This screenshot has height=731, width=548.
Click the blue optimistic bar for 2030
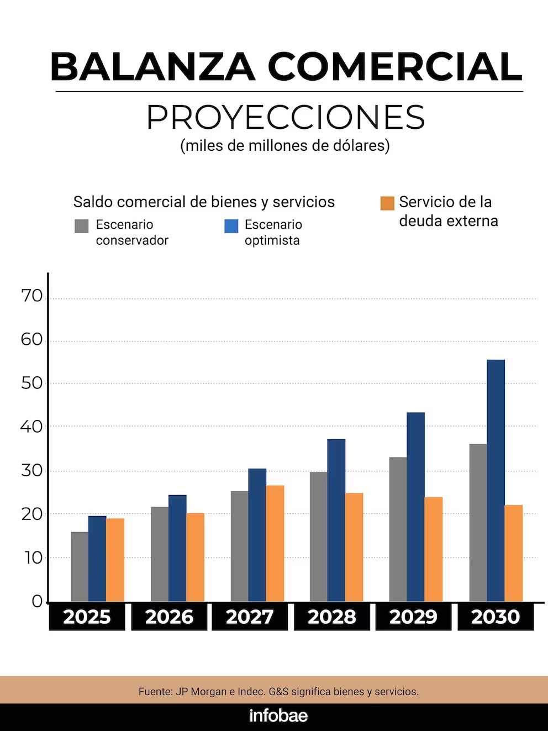click(496, 481)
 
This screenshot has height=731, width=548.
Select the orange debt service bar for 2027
click(275, 544)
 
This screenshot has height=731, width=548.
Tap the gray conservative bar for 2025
click(80, 566)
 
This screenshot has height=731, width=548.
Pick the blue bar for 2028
click(336, 520)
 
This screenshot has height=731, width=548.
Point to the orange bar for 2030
click(513, 553)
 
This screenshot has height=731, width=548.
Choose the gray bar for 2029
click(398, 529)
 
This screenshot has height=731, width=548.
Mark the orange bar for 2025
click(115, 560)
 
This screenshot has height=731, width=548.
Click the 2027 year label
click(250, 617)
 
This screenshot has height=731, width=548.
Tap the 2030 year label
click(496, 617)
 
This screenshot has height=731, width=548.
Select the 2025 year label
click(87, 617)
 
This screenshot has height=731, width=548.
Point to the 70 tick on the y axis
click(32, 296)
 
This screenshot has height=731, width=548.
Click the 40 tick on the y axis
click(32, 427)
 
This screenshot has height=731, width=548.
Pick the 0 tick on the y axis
click(37, 601)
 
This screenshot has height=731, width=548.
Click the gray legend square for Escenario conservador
click(82, 226)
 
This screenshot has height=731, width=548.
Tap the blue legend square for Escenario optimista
click(231, 226)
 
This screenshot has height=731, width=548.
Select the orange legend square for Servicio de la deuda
click(387, 203)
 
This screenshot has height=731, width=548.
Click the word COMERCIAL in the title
click(395, 67)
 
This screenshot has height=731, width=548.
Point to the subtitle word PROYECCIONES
click(285, 117)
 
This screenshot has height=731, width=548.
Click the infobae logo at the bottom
click(278, 716)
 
